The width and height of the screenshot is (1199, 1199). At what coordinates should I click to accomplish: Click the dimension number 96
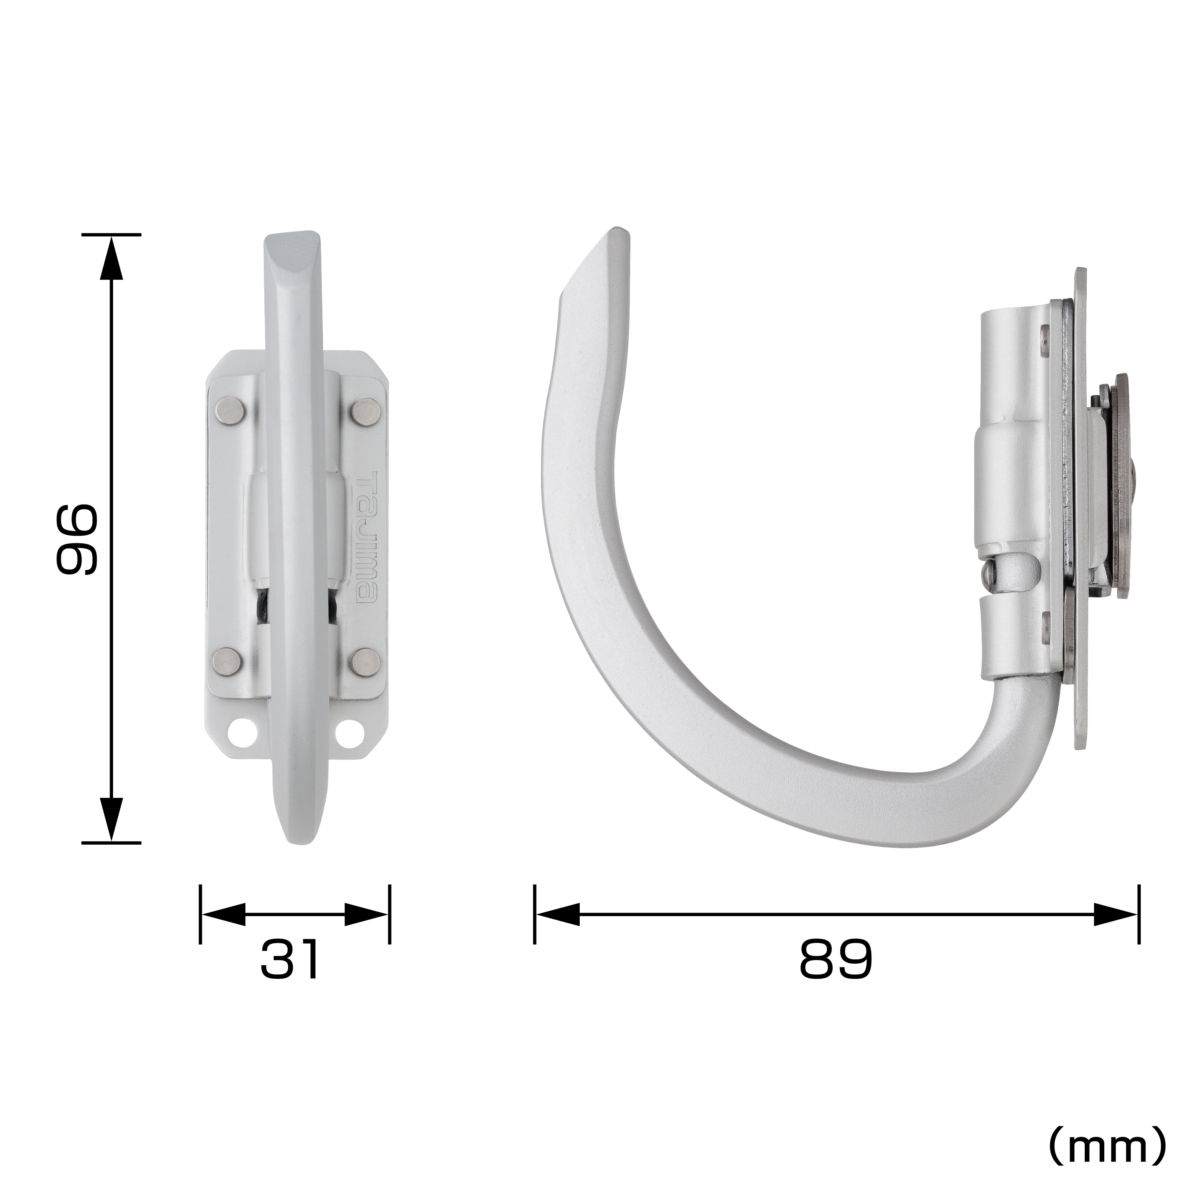pos(76,538)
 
